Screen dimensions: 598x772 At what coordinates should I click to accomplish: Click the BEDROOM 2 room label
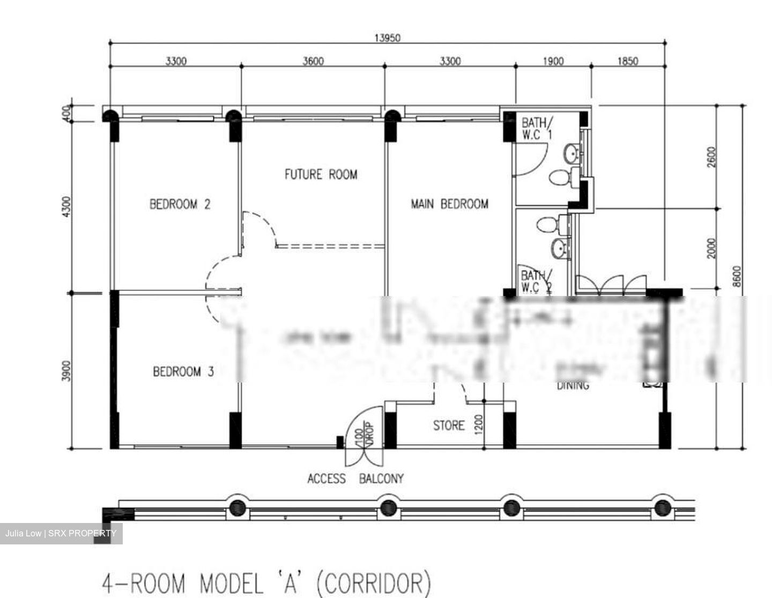180,204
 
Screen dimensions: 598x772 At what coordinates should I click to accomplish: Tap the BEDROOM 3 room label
183,371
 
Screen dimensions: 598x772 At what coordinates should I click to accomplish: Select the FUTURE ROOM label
321,174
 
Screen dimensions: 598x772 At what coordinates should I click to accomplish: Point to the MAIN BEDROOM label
449,204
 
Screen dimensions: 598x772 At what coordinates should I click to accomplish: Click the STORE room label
449,425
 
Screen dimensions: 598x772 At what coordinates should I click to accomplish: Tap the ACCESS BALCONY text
355,479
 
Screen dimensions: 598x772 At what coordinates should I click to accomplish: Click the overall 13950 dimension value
387,38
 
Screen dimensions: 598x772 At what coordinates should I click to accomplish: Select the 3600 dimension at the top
313,61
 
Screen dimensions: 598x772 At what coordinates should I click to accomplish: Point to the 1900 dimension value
553,61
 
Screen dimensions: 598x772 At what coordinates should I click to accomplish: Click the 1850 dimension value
627,61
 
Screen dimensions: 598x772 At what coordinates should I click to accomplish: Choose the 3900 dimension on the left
66,371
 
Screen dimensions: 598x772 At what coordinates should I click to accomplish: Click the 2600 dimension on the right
711,157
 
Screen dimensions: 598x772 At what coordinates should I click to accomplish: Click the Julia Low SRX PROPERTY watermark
61,533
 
